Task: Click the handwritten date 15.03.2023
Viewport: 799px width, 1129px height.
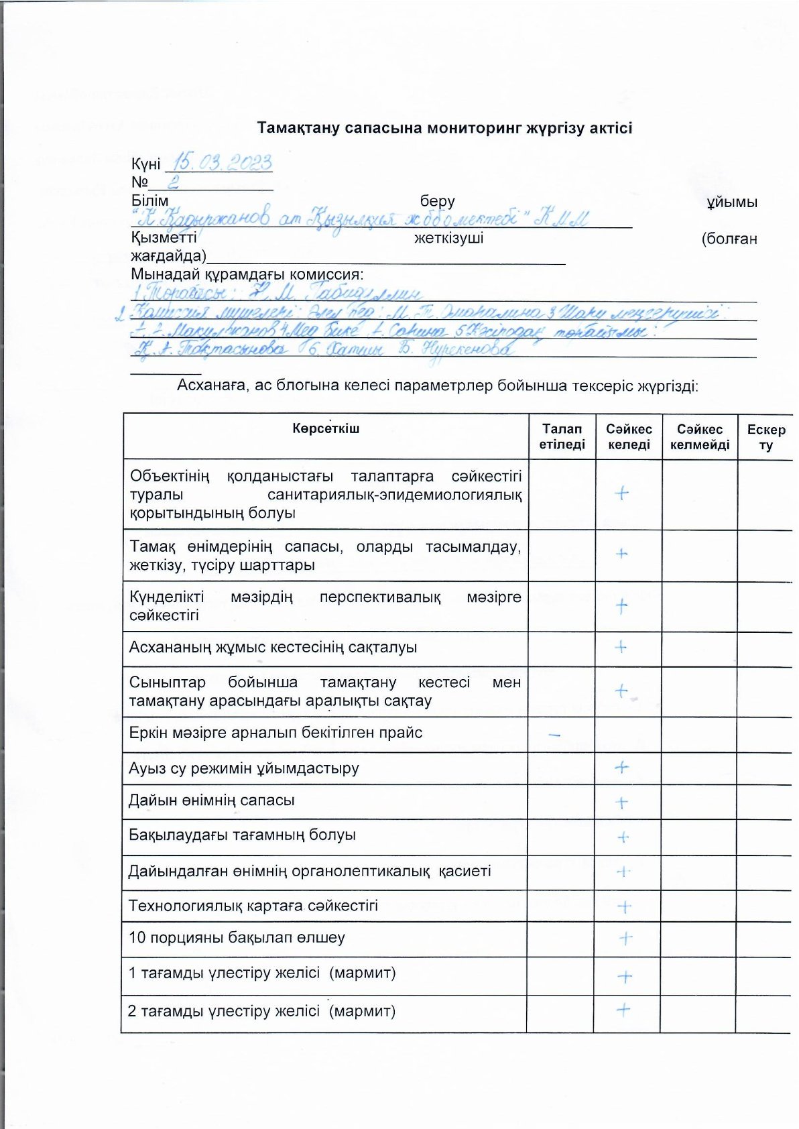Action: point(223,162)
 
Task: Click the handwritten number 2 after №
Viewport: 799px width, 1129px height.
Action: point(172,182)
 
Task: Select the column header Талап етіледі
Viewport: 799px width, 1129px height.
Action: point(562,436)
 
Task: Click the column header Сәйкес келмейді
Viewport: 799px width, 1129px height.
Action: point(699,436)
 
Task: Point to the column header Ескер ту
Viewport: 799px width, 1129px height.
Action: point(765,436)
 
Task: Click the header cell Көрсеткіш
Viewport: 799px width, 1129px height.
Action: point(326,428)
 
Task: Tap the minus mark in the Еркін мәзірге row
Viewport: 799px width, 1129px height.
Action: point(554,735)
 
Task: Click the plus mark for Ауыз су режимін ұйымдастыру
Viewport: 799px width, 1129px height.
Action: point(622,767)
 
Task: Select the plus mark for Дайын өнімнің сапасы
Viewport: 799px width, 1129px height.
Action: point(621,803)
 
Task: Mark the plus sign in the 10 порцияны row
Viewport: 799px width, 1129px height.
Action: point(625,938)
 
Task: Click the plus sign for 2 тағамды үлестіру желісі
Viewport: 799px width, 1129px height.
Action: point(623,1010)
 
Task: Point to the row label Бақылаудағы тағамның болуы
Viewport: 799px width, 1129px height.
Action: point(242,835)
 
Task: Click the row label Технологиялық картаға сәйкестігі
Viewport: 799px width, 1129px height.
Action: point(253,906)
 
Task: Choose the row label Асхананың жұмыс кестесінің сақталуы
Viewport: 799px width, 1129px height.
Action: point(273,648)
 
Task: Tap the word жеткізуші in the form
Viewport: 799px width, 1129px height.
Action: point(448,238)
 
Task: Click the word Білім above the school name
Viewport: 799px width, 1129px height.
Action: point(149,201)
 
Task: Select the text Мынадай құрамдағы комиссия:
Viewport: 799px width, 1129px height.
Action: point(247,274)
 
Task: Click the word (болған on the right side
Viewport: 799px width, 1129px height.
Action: point(729,239)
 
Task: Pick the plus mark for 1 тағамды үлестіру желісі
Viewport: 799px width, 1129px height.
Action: point(624,976)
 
